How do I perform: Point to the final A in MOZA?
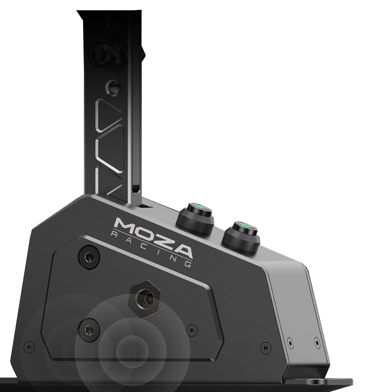click(x=180, y=251)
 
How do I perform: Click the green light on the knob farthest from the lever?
click(x=244, y=227)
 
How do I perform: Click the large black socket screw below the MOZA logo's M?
click(x=89, y=257)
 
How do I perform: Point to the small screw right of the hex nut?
click(x=192, y=330)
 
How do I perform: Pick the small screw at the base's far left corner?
click(x=29, y=347)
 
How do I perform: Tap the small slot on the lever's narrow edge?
click(x=135, y=189)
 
